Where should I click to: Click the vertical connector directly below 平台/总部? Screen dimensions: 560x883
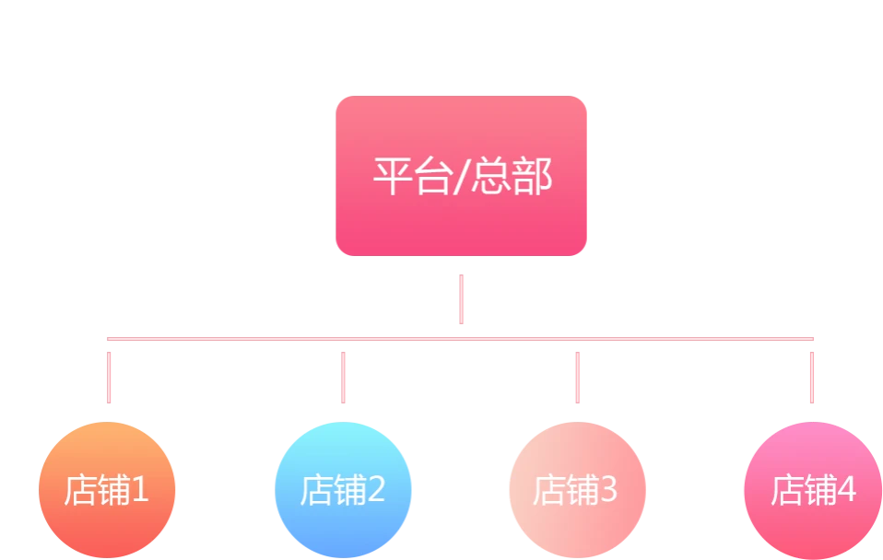tap(460, 297)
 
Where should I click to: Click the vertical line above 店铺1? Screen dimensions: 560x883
tap(110, 373)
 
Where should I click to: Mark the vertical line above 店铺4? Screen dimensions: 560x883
tap(811, 373)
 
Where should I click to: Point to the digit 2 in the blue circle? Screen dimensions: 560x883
tap(375, 490)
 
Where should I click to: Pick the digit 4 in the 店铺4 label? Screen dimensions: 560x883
tap(846, 490)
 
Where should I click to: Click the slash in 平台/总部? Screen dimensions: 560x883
tap(459, 176)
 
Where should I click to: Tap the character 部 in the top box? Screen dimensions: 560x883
tap(532, 176)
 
